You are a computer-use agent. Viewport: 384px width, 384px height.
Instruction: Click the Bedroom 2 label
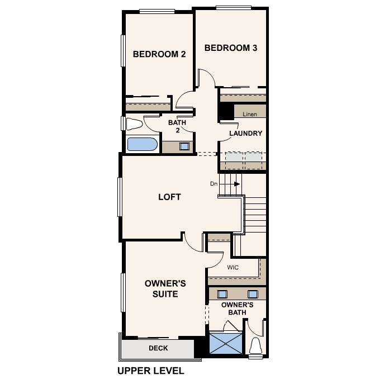[x=159, y=54]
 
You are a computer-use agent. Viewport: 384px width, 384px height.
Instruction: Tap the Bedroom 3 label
[x=230, y=48]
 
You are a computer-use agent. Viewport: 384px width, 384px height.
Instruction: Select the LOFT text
[x=169, y=197]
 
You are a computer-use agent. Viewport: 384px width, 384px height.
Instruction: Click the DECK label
[x=158, y=348]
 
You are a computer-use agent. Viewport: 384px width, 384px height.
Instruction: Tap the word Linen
[x=249, y=114]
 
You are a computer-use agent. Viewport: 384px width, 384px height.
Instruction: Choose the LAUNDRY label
[x=246, y=133]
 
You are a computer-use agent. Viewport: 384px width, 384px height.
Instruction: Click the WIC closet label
[x=233, y=268]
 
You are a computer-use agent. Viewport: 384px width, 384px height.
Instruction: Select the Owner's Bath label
[x=237, y=309]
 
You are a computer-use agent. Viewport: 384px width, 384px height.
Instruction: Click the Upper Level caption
[x=150, y=370]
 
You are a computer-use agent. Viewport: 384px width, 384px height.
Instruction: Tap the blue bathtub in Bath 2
[x=143, y=144]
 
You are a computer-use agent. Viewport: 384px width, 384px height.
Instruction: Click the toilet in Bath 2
[x=134, y=123]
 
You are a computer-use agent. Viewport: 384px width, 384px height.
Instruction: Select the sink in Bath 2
[x=184, y=146]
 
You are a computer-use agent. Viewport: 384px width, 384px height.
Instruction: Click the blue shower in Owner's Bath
[x=225, y=343]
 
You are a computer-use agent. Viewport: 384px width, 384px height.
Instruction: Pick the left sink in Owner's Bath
[x=222, y=294]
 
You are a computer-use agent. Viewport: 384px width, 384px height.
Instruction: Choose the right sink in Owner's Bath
[x=253, y=294]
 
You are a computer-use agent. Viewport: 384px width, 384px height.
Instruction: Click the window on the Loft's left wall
[x=120, y=196]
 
